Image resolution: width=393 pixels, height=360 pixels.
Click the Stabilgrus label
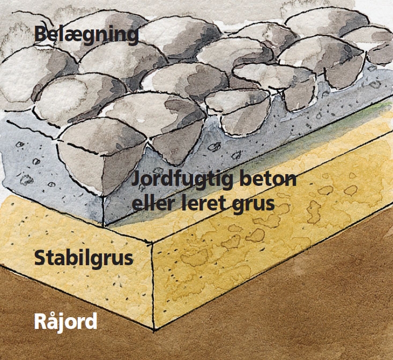click(84, 258)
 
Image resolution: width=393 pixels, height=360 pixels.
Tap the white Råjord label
click(65, 322)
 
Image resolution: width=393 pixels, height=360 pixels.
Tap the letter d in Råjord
click(91, 322)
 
